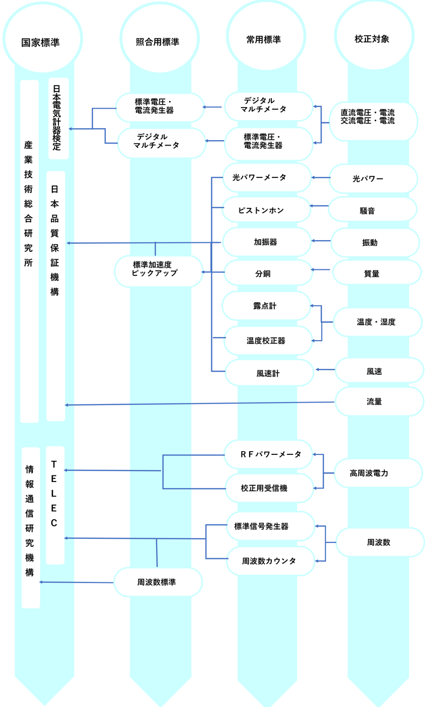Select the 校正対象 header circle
[373, 38]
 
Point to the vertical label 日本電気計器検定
[58, 118]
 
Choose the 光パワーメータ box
[267, 177]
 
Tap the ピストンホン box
[267, 209]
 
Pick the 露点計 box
[266, 306]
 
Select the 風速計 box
[269, 373]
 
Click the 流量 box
[379, 401]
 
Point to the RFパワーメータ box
[269, 454]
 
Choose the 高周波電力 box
[377, 473]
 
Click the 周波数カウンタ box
[270, 561]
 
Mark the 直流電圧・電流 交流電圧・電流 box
[372, 117]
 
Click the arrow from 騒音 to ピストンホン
[319, 206]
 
